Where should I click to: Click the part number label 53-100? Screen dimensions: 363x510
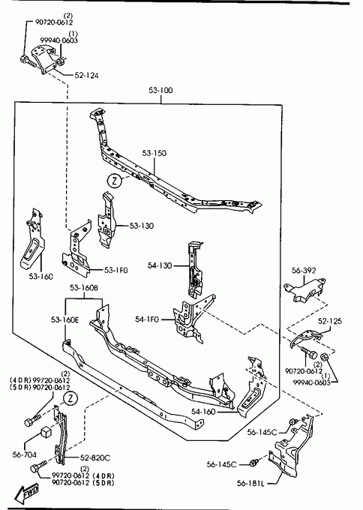[x=160, y=90]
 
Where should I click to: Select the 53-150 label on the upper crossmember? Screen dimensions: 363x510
[x=154, y=153]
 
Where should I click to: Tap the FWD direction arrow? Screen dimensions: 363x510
[x=27, y=491]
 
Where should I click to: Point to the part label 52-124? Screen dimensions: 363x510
[x=86, y=75]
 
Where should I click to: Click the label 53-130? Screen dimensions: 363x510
[x=142, y=226]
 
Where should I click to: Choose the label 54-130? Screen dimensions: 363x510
[x=160, y=265]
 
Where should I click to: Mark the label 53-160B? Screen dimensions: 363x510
[x=84, y=287]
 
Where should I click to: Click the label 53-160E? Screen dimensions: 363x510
[x=64, y=319]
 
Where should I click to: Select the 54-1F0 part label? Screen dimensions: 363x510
[x=147, y=319]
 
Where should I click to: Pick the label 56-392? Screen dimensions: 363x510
[x=304, y=271]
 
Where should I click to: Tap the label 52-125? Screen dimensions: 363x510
[x=330, y=321]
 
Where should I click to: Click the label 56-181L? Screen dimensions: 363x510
[x=250, y=483]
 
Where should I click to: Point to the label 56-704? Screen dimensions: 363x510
[x=25, y=454]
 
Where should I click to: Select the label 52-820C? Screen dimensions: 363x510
[x=95, y=457]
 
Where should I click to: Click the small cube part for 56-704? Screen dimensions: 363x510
[x=46, y=433]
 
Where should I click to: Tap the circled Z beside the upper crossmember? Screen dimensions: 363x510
[x=115, y=181]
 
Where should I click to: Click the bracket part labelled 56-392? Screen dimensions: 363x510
[x=304, y=289]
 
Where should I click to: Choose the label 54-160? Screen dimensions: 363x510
[x=203, y=412]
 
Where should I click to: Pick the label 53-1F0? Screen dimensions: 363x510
[x=115, y=270]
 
